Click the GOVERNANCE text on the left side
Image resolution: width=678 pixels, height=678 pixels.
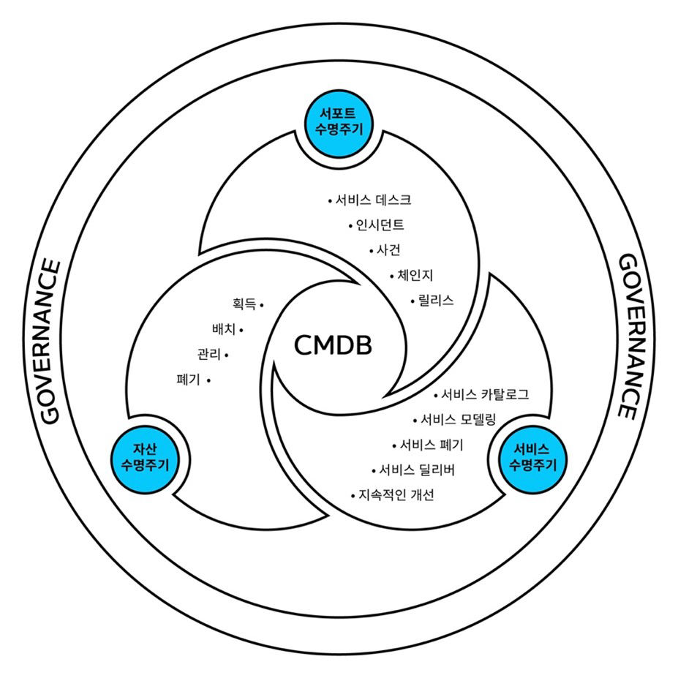(x=49, y=340)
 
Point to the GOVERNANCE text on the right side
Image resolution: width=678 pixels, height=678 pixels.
(x=628, y=336)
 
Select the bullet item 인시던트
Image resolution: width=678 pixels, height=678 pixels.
(x=380, y=225)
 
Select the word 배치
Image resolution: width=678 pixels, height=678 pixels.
(x=224, y=330)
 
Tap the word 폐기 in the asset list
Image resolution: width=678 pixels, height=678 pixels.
(x=189, y=380)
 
